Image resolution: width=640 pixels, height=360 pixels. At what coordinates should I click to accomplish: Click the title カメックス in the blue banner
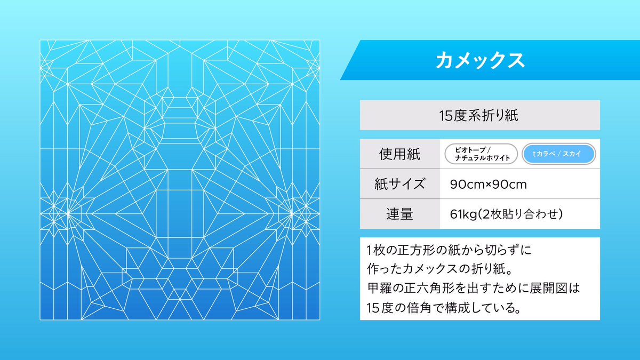(x=479, y=60)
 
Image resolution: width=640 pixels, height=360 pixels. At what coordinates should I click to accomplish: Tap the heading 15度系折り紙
(x=479, y=115)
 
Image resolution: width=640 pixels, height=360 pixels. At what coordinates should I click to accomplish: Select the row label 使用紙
(x=399, y=155)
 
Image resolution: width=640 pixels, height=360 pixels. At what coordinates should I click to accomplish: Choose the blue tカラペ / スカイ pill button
(x=558, y=155)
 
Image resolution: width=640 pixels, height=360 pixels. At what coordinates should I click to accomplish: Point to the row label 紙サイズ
(x=399, y=185)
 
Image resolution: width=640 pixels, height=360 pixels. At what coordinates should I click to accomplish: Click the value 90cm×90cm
(x=489, y=185)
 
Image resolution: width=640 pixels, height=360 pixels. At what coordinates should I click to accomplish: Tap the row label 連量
(x=399, y=214)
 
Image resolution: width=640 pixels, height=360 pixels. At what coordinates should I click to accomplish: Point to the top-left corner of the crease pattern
(x=41, y=41)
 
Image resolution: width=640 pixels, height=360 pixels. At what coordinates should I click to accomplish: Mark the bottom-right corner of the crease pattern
(x=319, y=319)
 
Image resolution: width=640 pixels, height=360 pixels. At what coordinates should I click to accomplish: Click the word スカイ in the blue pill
(x=573, y=155)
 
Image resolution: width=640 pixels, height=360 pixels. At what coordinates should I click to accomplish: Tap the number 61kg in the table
(x=462, y=214)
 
